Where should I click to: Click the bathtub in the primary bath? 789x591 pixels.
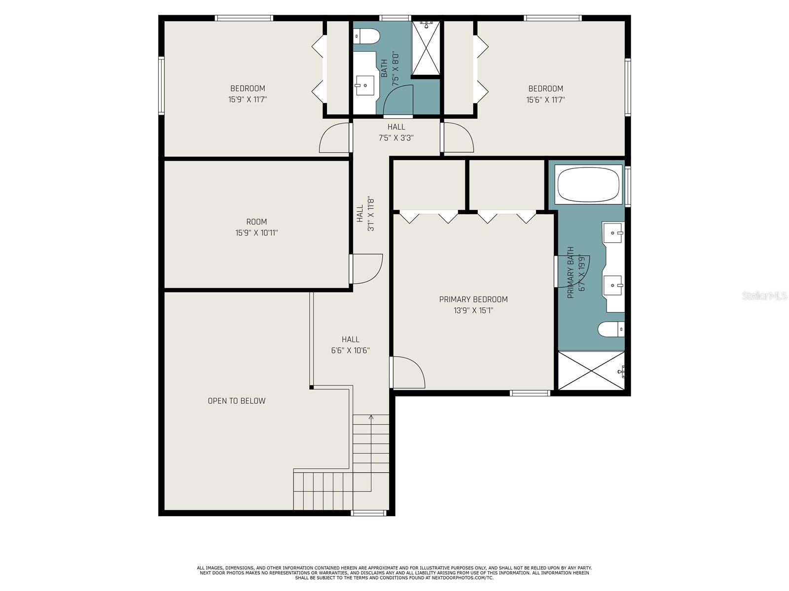(588, 184)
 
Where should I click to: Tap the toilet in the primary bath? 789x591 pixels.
(611, 329)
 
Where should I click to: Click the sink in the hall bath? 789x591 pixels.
(365, 85)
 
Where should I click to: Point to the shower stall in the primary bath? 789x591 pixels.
(591, 370)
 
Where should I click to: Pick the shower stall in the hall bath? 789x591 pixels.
(426, 48)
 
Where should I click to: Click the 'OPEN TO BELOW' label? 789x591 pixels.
(237, 401)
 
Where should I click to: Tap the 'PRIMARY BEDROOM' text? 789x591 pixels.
(473, 299)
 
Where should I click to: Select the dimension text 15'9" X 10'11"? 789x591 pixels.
(256, 233)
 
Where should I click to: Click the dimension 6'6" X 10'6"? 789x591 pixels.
(351, 351)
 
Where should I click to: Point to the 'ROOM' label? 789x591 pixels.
(256, 222)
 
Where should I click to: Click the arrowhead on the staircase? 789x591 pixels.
(371, 417)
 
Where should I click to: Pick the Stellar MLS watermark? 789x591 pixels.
(764, 295)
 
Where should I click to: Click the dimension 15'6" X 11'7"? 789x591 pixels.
(546, 100)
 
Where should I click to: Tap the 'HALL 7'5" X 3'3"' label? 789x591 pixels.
(396, 132)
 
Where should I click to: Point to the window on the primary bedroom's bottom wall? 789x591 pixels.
(530, 393)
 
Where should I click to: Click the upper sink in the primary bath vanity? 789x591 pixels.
(613, 232)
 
